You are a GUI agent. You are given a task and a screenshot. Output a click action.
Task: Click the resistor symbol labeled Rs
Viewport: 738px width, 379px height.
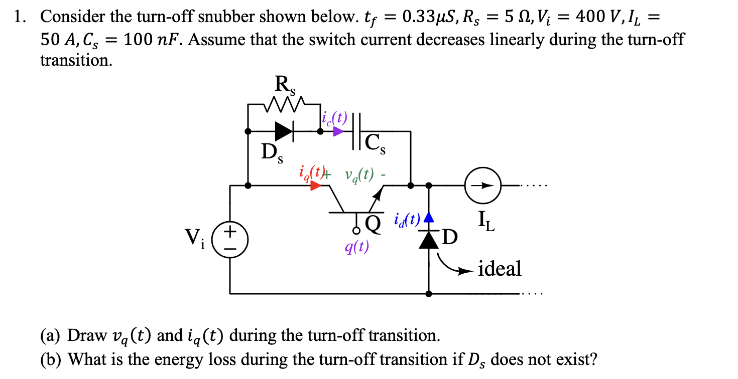[x=285, y=106]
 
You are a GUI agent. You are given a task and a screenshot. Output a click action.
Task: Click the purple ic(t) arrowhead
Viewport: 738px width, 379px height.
[x=338, y=132]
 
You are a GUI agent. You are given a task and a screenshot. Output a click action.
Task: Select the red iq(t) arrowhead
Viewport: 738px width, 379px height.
[x=316, y=185]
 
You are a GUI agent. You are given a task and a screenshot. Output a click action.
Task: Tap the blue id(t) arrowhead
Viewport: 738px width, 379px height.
[x=428, y=218]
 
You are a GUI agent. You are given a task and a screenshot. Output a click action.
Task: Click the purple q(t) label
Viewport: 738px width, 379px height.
[x=356, y=247]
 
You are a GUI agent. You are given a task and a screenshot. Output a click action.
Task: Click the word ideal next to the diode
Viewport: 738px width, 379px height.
[x=500, y=269]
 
